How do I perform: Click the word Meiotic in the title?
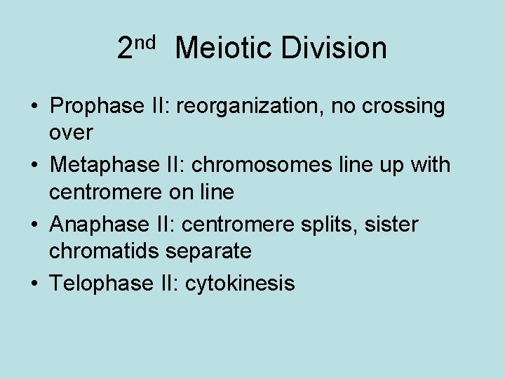pos(222,48)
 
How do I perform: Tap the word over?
pos(71,131)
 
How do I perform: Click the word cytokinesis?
pos(240,284)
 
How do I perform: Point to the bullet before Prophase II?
pos(34,107)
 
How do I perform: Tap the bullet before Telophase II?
pos(34,284)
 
